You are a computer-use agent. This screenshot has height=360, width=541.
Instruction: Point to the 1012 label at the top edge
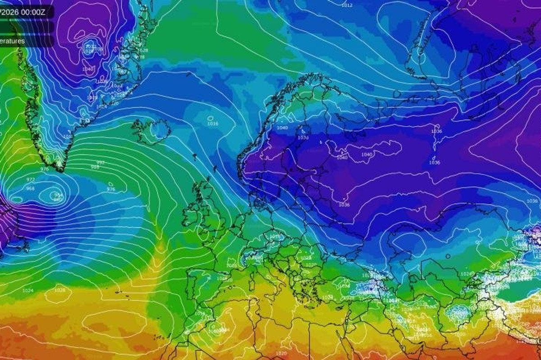click(x=347, y=5)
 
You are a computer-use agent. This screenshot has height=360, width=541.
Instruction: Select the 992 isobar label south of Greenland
click(x=100, y=162)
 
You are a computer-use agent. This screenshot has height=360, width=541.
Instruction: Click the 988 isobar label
click(x=95, y=167)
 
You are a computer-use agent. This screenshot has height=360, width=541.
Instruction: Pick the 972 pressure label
click(x=31, y=179)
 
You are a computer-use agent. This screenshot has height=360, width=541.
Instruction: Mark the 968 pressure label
click(x=30, y=188)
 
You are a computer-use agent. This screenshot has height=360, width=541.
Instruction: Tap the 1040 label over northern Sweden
click(x=282, y=128)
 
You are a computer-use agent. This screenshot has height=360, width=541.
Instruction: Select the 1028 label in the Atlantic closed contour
click(x=60, y=290)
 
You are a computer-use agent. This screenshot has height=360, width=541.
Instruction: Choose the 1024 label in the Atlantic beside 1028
click(x=28, y=291)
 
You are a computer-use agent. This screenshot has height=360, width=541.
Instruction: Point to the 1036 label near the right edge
click(x=532, y=201)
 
